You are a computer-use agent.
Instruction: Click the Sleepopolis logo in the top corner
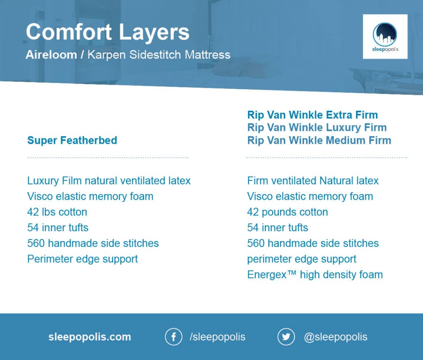coord(385,37)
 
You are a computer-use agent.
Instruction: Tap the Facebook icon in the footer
coord(173,337)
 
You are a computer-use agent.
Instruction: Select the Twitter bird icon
coord(286,337)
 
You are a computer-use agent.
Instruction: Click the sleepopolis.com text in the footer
coord(90,337)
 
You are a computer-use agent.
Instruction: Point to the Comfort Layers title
coord(108,32)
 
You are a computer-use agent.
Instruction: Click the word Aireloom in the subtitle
coord(51,55)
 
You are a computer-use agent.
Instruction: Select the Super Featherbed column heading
coord(72,140)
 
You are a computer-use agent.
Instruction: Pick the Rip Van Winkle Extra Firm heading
coord(312,115)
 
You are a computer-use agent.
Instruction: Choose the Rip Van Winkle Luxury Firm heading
coord(317,128)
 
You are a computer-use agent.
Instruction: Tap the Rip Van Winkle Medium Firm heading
coord(319,140)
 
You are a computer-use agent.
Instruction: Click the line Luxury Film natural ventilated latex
coord(109,181)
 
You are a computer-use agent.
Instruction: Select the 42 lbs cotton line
coord(57,212)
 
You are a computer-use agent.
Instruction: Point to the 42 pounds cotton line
coord(288,212)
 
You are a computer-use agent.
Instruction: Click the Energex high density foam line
coord(315,275)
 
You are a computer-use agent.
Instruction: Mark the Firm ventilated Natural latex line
coord(313,181)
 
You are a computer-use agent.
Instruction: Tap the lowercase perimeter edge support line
coord(302,259)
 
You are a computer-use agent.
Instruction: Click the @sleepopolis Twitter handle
coord(335,337)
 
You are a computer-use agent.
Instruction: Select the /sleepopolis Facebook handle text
coord(217,337)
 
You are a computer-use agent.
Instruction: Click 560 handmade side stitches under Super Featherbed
coord(93,243)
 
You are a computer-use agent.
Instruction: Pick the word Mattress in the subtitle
coord(207,55)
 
